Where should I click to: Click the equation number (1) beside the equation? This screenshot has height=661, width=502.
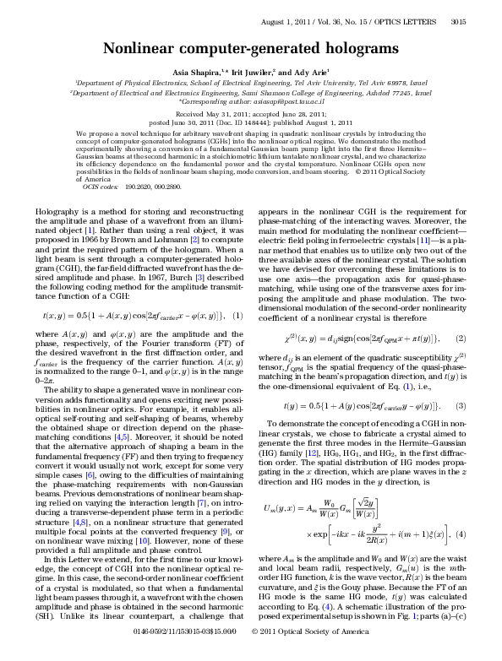(237, 268)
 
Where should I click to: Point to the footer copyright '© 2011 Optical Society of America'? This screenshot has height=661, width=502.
(311, 654)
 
